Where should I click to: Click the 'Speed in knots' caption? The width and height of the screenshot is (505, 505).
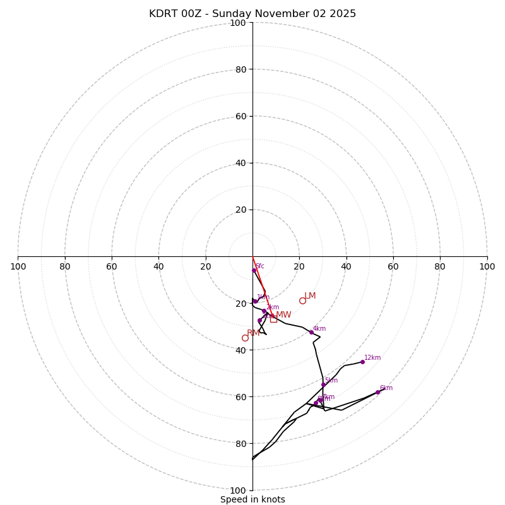coord(252,499)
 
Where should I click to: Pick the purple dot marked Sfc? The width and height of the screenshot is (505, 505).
coord(254,270)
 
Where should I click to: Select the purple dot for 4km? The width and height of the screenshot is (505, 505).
coord(311,332)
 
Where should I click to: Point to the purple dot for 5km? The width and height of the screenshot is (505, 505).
coord(323,384)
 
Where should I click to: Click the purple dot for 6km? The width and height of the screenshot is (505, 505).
coord(377,392)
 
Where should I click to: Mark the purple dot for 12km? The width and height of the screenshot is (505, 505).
coord(362,362)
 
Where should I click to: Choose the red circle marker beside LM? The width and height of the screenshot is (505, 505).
coord(302,300)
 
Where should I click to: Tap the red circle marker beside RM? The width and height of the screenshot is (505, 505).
coord(245,338)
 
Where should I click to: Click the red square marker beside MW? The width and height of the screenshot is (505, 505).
coord(273,319)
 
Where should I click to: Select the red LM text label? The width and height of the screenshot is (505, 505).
coord(310,296)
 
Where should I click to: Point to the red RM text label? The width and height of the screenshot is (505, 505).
coord(253,333)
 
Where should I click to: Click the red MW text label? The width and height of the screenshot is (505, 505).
coord(283,314)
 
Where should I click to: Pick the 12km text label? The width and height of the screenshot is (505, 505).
coord(372,357)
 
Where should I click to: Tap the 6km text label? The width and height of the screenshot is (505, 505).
coord(386,388)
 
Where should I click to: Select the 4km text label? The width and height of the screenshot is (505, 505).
coord(319,328)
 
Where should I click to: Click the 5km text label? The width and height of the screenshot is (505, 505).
coord(331,380)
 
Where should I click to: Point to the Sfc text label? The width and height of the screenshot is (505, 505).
coord(260,266)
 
